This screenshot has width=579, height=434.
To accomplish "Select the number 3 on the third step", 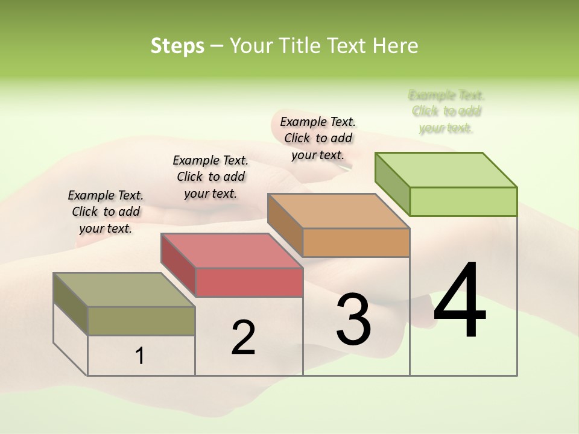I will [353, 319].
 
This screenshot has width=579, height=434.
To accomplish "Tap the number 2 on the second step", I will [243, 337].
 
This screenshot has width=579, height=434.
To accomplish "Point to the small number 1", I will [140, 356].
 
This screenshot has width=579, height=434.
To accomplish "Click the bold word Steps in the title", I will [177, 46].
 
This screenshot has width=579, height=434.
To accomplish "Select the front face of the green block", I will [463, 201].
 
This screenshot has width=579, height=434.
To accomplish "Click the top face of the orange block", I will [338, 211].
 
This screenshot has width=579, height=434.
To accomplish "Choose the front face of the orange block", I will [356, 242].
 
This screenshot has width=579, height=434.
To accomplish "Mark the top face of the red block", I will [232, 251].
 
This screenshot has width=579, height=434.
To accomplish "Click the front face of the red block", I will [249, 282].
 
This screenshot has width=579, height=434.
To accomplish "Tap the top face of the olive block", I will [124, 290].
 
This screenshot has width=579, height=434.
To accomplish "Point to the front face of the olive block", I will [141, 321].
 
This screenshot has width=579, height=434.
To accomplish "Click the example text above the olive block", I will [106, 212].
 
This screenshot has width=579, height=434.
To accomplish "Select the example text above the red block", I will [210, 177].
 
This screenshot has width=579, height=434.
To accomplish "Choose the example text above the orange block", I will [318, 138].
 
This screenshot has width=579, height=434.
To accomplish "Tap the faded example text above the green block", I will [446, 112].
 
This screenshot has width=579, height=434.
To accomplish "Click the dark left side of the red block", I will [179, 265].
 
